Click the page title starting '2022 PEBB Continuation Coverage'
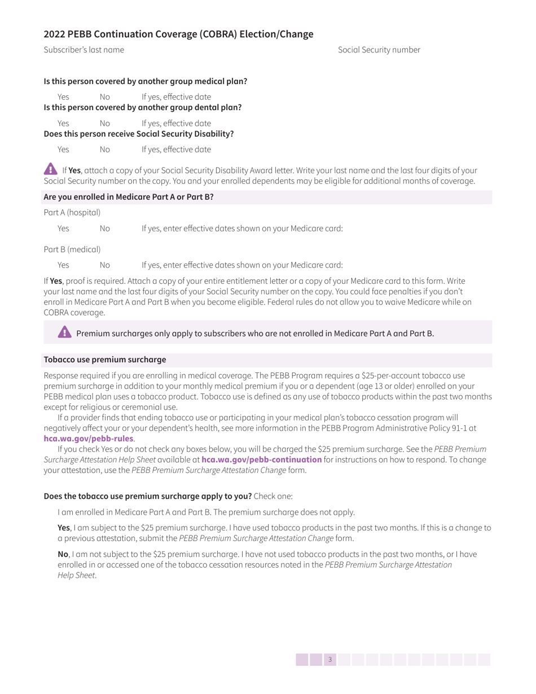tap(178, 34)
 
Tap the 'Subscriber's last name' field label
tap(84, 50)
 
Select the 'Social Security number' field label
tap(379, 50)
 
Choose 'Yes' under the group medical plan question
tap(63, 96)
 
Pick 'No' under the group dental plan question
tap(105, 123)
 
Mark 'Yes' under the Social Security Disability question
tap(63, 150)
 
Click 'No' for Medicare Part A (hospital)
tap(105, 229)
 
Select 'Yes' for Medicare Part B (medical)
tap(63, 265)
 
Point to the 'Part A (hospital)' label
tap(72, 213)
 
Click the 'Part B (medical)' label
tap(72, 249)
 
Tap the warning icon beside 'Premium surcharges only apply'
tap(65, 332)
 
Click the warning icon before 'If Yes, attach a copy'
tap(50, 169)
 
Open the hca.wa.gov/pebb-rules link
tap(89, 438)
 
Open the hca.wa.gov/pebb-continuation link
tap(261, 459)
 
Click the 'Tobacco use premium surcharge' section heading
tap(105, 359)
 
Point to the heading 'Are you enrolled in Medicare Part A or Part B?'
tap(129, 197)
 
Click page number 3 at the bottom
tap(330, 660)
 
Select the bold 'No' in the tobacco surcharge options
tap(63, 554)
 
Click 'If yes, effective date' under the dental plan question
tap(176, 123)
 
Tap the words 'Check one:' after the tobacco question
tap(273, 497)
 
